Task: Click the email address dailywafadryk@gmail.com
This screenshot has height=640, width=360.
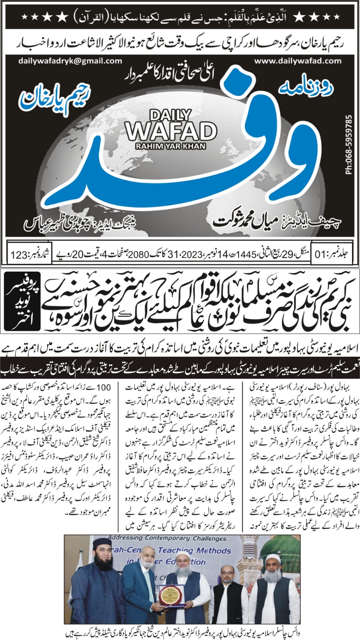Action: (70, 61)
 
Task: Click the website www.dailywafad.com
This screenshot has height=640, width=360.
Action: (298, 61)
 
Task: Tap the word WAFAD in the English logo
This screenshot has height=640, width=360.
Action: (171, 131)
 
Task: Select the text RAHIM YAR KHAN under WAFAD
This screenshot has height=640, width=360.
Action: (170, 146)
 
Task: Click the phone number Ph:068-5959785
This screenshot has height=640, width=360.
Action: (349, 145)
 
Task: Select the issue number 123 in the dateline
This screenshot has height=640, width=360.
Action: (19, 254)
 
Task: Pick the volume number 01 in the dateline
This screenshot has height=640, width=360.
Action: (321, 254)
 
